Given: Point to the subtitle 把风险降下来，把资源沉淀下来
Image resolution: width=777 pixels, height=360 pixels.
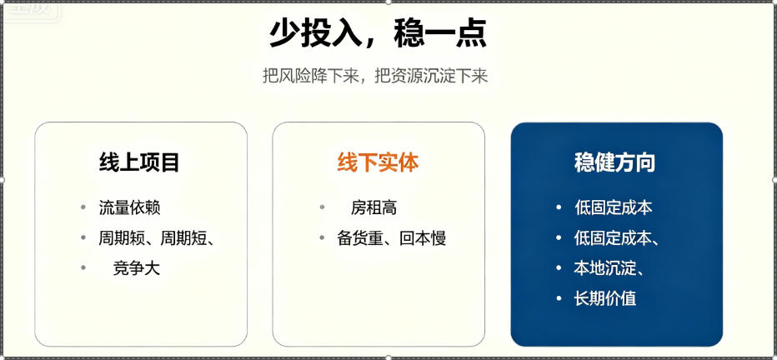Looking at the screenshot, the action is coord(376,77).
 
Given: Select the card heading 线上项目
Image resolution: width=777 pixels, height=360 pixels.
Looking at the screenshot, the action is coord(139,162).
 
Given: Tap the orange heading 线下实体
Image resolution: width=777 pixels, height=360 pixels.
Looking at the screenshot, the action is coord(378,162).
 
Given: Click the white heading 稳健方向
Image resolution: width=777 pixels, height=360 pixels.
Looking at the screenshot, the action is coord(615,162).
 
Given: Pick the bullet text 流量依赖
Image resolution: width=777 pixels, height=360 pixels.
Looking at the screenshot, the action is coord(130,207).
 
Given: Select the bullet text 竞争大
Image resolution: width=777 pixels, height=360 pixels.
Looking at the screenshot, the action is coord(137,268).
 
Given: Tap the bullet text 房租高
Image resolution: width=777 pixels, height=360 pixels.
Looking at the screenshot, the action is coord(374,207).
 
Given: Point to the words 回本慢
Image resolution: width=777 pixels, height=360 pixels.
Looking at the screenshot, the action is coord(423,238).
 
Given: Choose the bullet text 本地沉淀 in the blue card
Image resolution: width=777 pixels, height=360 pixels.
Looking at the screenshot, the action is coord(604,268).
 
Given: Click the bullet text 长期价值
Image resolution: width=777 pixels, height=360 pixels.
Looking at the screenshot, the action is coord(605,298).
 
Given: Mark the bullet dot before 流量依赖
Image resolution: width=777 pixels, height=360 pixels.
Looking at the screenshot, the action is coord(83,207).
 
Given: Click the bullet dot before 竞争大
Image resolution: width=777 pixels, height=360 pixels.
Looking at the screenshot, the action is coord(83,267).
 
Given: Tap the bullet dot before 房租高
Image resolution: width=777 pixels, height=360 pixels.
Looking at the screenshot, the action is coord(322,207).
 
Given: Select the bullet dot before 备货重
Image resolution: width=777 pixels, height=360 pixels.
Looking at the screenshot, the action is coord(322,237).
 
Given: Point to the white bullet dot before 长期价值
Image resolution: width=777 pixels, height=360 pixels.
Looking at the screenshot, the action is coord(559,298).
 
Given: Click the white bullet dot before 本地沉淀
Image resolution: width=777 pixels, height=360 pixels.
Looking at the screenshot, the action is coord(559,267).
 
